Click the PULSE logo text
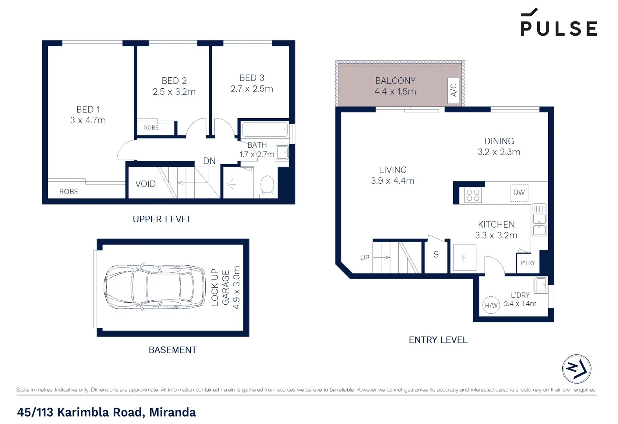pyautogui.click(x=559, y=28)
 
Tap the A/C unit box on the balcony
pyautogui.click(x=453, y=91)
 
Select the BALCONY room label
pyautogui.click(x=395, y=80)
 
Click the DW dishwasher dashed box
pyautogui.click(x=519, y=193)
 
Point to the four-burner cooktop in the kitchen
pyautogui.click(x=473, y=195)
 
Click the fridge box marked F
pyautogui.click(x=465, y=258)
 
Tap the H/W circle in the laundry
pyautogui.click(x=491, y=305)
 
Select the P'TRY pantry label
pyautogui.click(x=527, y=263)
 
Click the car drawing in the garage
pyautogui.click(x=154, y=287)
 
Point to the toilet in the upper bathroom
pyautogui.click(x=267, y=185)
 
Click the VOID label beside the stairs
pyautogui.click(x=145, y=184)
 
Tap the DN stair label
pyautogui.click(x=209, y=161)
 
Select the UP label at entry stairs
pyautogui.click(x=365, y=258)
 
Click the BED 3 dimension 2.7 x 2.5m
pyautogui.click(x=252, y=89)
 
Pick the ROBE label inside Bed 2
pyautogui.click(x=151, y=128)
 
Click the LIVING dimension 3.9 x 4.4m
pyautogui.click(x=392, y=181)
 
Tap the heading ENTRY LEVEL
pyautogui.click(x=438, y=340)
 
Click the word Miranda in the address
pyautogui.click(x=172, y=412)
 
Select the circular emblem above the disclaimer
pyautogui.click(x=576, y=369)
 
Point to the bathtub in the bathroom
pyautogui.click(x=265, y=130)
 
